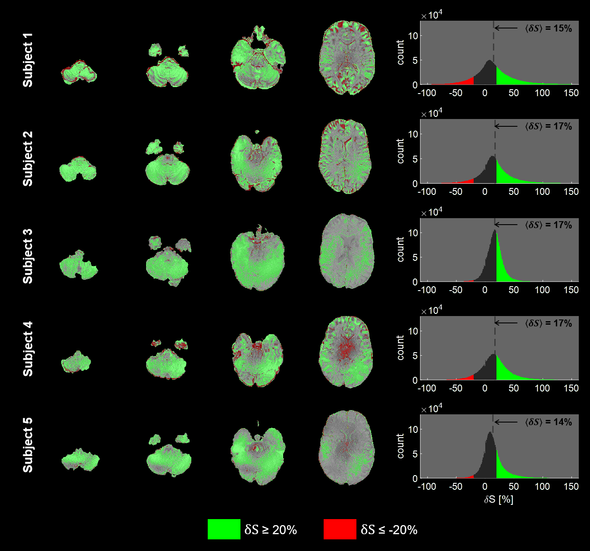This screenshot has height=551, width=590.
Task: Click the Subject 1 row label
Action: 28,60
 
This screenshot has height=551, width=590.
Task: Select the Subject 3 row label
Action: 28,256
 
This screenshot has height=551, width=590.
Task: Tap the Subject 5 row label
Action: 28,445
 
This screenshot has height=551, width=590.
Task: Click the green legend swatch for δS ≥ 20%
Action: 224,529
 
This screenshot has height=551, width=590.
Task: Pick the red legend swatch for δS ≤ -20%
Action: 340,529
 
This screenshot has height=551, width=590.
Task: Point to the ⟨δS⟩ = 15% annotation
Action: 548,28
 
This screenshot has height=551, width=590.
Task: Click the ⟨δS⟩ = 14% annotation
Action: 548,422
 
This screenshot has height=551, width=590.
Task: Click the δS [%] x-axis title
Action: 499,499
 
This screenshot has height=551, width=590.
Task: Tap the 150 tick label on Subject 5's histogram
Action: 571,486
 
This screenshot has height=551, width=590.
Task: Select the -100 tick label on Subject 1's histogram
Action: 427,93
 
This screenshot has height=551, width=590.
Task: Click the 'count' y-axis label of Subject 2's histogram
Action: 400,151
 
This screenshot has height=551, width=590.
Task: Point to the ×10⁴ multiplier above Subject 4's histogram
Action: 432,310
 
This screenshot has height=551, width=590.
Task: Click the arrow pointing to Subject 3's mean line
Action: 506,225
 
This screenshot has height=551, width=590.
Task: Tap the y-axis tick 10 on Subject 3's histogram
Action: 413,233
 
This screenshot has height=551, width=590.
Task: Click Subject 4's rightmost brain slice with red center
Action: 347,352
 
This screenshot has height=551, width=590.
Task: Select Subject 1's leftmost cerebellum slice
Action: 79,73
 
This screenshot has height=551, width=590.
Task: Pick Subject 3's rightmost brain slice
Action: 347,251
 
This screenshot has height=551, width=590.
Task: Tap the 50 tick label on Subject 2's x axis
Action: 513,191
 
